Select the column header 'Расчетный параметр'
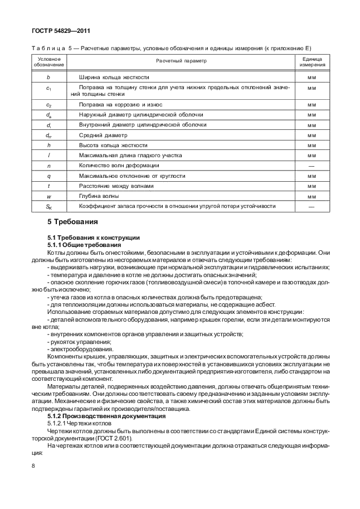(x=181, y=61)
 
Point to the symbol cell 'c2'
(x=49, y=105)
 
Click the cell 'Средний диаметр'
(x=104, y=135)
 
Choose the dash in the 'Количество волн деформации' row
(x=312, y=166)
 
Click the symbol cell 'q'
(x=49, y=176)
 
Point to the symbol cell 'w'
(x=49, y=196)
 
